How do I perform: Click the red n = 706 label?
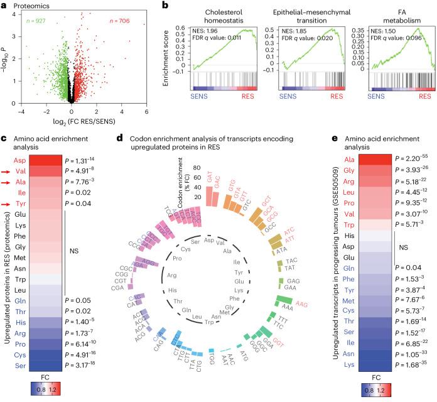[x=132, y=23]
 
